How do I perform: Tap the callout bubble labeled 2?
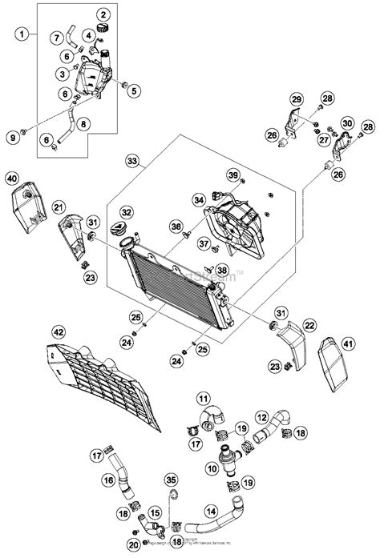point(104,14)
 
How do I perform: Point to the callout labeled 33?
point(131,161)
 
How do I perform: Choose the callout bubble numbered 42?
point(36,331)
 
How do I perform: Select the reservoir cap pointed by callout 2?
point(102,29)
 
